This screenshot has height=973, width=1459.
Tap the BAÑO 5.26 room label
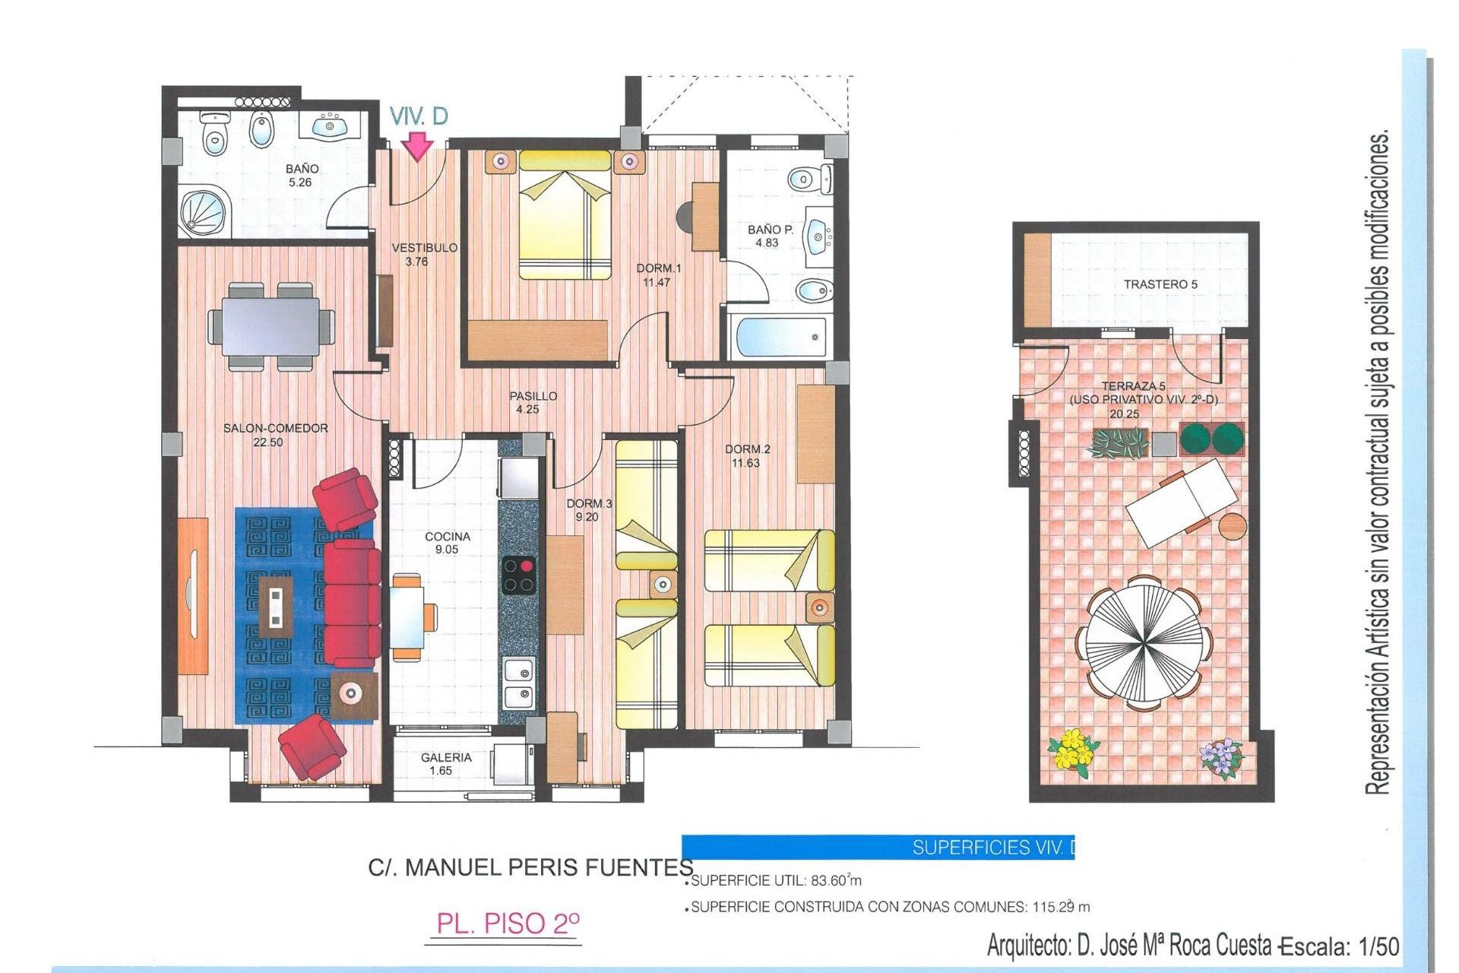(x=302, y=176)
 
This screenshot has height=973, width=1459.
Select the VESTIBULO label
(x=424, y=248)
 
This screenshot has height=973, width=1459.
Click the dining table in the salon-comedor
(x=271, y=326)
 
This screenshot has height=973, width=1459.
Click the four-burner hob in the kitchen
(x=519, y=575)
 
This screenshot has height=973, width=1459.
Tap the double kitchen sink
(x=518, y=683)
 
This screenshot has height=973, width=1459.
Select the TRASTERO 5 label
(x=1160, y=284)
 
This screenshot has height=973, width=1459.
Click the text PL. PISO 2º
(x=508, y=924)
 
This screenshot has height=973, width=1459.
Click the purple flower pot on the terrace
(x=1220, y=759)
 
